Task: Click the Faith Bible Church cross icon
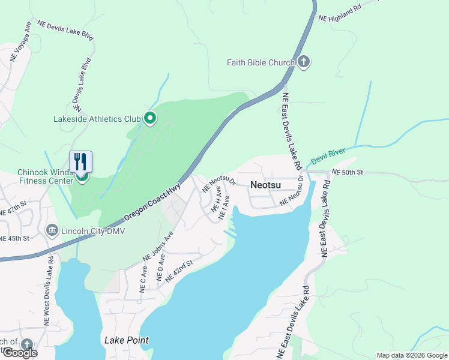(x=304, y=62)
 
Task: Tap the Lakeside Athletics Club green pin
(x=150, y=119)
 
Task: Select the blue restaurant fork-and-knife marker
(x=81, y=161)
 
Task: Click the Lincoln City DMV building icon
(x=52, y=230)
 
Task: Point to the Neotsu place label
(x=266, y=186)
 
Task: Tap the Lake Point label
(x=126, y=340)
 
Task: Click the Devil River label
(x=328, y=158)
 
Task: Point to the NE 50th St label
(x=348, y=172)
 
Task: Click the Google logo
(x=19, y=353)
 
